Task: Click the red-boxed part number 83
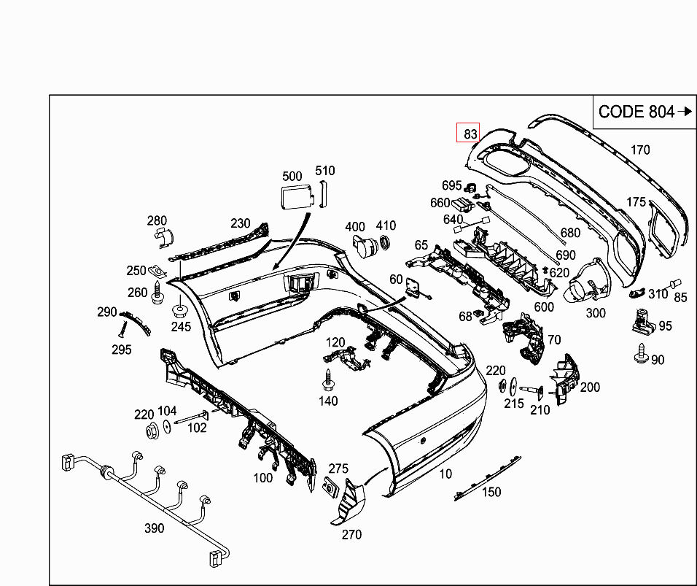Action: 469,134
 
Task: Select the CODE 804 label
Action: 636,112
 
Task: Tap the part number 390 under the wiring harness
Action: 154,528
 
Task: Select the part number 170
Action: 639,150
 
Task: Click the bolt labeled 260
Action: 158,295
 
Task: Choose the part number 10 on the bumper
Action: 445,474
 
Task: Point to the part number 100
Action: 262,478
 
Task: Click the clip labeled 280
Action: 163,235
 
